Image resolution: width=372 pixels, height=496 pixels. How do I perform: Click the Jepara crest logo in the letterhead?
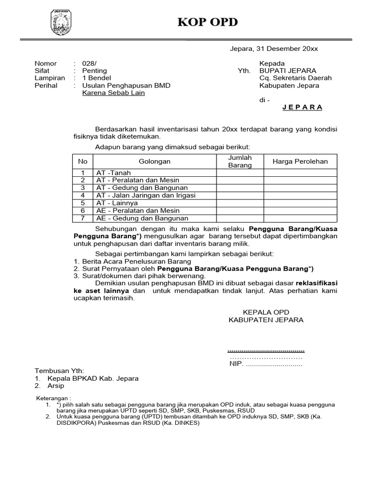[x=61, y=23]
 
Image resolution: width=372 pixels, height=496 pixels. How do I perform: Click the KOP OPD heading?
[x=208, y=23]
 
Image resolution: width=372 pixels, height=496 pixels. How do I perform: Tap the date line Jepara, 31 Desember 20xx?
[x=274, y=49]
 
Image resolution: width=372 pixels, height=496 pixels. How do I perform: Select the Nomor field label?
[x=46, y=63]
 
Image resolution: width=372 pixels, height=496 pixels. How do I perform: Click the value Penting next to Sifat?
[x=94, y=71]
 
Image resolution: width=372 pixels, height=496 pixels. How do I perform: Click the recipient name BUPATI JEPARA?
[x=288, y=71]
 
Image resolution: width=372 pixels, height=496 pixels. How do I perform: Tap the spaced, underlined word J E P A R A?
[x=302, y=108]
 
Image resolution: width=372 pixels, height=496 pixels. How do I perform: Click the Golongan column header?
[x=155, y=162]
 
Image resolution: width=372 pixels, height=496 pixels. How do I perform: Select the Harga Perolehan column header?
[x=300, y=162]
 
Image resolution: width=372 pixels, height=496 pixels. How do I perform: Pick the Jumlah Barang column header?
[x=240, y=162]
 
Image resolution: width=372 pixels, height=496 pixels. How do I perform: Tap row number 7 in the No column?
[x=83, y=218]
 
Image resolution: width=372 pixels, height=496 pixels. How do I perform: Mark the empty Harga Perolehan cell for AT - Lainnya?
[x=300, y=203]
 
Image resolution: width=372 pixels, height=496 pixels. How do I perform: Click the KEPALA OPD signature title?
[x=265, y=312]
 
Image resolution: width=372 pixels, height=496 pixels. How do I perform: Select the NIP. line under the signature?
[x=265, y=364]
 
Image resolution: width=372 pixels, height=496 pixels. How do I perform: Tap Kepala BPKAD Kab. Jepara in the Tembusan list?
[x=93, y=378]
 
